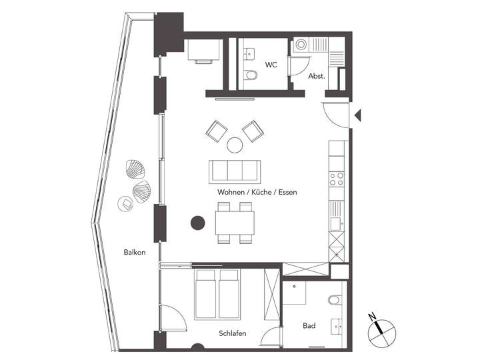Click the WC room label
click(x=271, y=65)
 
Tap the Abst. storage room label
click(x=316, y=76)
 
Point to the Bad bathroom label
click(x=309, y=326)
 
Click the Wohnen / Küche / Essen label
click(x=257, y=192)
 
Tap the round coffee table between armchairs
click(x=235, y=144)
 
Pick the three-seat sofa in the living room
click(x=235, y=171)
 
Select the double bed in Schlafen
click(x=218, y=294)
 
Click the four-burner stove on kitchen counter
click(x=337, y=179)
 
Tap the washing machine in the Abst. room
click(x=302, y=45)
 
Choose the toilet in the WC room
click(x=251, y=75)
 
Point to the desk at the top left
click(x=203, y=50)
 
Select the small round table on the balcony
click(x=125, y=203)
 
